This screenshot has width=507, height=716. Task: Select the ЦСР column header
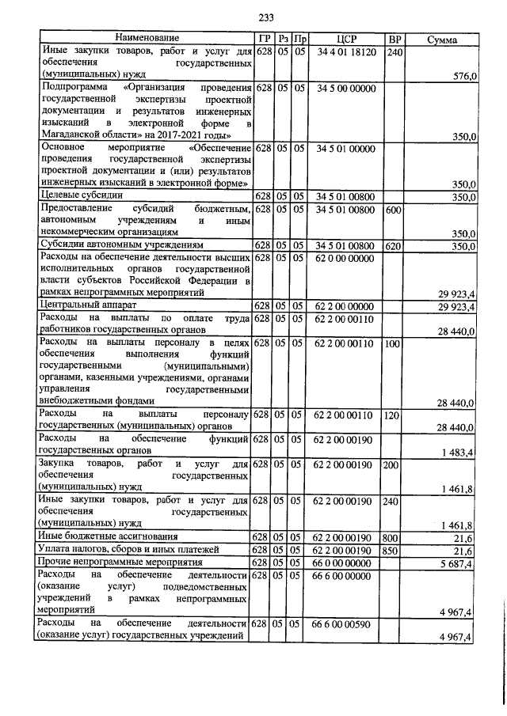click(346, 39)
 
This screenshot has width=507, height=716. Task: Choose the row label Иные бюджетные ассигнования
click(105, 537)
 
